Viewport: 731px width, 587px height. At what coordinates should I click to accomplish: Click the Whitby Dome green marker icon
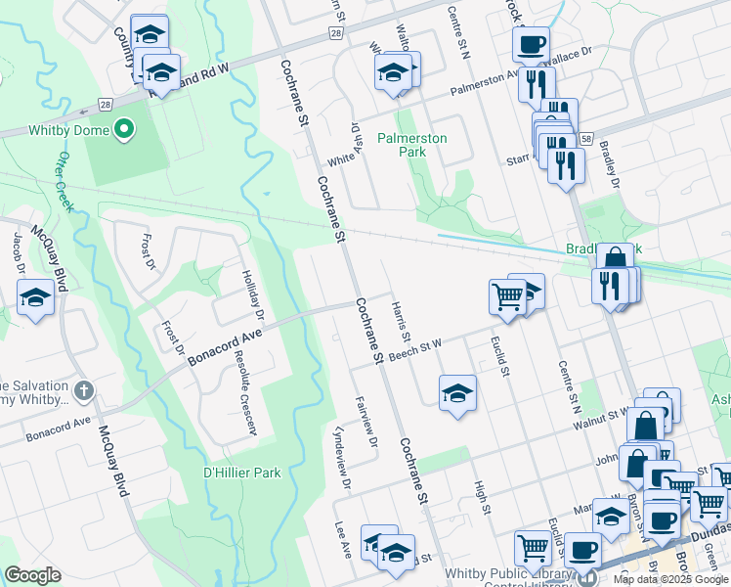[x=123, y=129]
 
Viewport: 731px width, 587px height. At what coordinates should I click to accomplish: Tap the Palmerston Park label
[x=412, y=145]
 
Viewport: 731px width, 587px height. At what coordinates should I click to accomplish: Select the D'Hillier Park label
[x=241, y=473]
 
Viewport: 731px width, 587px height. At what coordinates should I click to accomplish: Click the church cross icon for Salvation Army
[x=84, y=391]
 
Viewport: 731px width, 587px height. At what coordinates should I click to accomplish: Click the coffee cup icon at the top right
[x=531, y=44]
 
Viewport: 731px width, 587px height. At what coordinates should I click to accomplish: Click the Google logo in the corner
[x=33, y=575]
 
